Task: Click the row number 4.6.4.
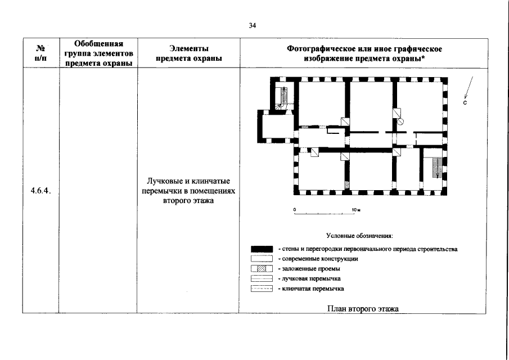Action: (40, 191)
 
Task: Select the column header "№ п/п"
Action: (40, 53)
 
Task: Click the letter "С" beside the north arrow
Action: (466, 103)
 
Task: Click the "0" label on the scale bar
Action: (294, 210)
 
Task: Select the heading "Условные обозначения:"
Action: (359, 236)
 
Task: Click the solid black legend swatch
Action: (262, 249)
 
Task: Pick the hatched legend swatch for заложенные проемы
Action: (262, 269)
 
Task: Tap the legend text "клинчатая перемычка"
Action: (313, 289)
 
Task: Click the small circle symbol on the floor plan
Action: (401, 121)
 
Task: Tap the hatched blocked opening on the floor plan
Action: (347, 184)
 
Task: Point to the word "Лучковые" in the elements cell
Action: (165, 181)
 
